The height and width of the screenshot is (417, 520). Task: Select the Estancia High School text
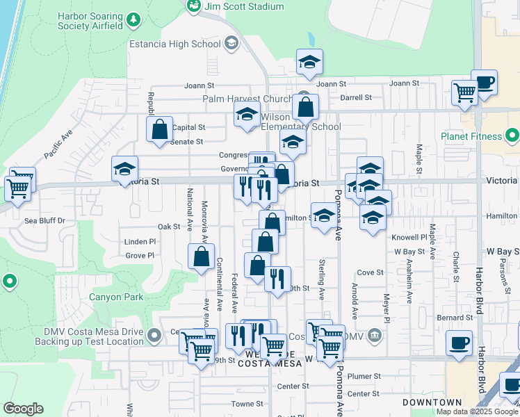click(174, 44)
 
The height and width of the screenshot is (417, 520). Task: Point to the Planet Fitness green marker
click(513, 135)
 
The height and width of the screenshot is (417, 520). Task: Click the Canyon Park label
click(115, 297)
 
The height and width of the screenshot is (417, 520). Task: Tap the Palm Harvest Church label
click(247, 99)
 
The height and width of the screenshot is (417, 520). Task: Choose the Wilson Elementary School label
click(301, 122)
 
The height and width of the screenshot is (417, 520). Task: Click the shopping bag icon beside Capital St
click(159, 129)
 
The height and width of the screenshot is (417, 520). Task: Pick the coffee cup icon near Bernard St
click(460, 343)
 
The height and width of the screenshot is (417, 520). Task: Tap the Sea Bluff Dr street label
click(44, 221)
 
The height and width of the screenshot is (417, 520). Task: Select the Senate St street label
click(186, 142)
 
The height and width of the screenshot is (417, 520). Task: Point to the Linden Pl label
click(140, 242)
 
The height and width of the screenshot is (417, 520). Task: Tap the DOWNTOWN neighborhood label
click(432, 402)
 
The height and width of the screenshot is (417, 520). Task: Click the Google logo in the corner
click(23, 409)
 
